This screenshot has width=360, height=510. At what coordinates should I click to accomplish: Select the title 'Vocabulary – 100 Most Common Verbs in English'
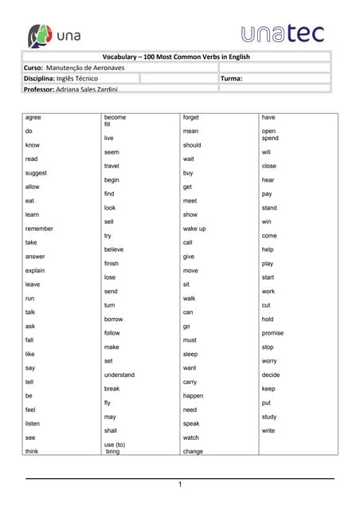(x=177, y=57)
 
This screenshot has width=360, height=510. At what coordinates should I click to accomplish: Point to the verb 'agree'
(x=33, y=117)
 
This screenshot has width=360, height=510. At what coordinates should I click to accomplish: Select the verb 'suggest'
(x=36, y=172)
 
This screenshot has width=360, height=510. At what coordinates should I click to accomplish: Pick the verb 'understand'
(x=119, y=375)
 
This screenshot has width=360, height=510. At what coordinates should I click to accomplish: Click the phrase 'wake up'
(x=194, y=229)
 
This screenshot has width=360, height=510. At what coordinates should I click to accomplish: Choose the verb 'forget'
(x=191, y=117)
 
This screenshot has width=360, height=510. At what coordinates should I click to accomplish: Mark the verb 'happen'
(x=193, y=396)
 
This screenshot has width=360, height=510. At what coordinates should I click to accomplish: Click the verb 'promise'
(x=272, y=333)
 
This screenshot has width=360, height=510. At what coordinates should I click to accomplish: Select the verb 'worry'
(x=269, y=361)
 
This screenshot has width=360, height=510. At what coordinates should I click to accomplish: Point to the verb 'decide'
(x=271, y=375)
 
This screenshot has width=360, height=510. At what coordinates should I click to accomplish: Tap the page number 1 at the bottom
(x=180, y=484)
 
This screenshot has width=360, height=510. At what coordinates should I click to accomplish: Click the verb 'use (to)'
(x=115, y=444)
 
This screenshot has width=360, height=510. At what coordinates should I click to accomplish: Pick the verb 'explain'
(x=36, y=270)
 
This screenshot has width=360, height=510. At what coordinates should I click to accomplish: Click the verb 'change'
(x=193, y=452)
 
